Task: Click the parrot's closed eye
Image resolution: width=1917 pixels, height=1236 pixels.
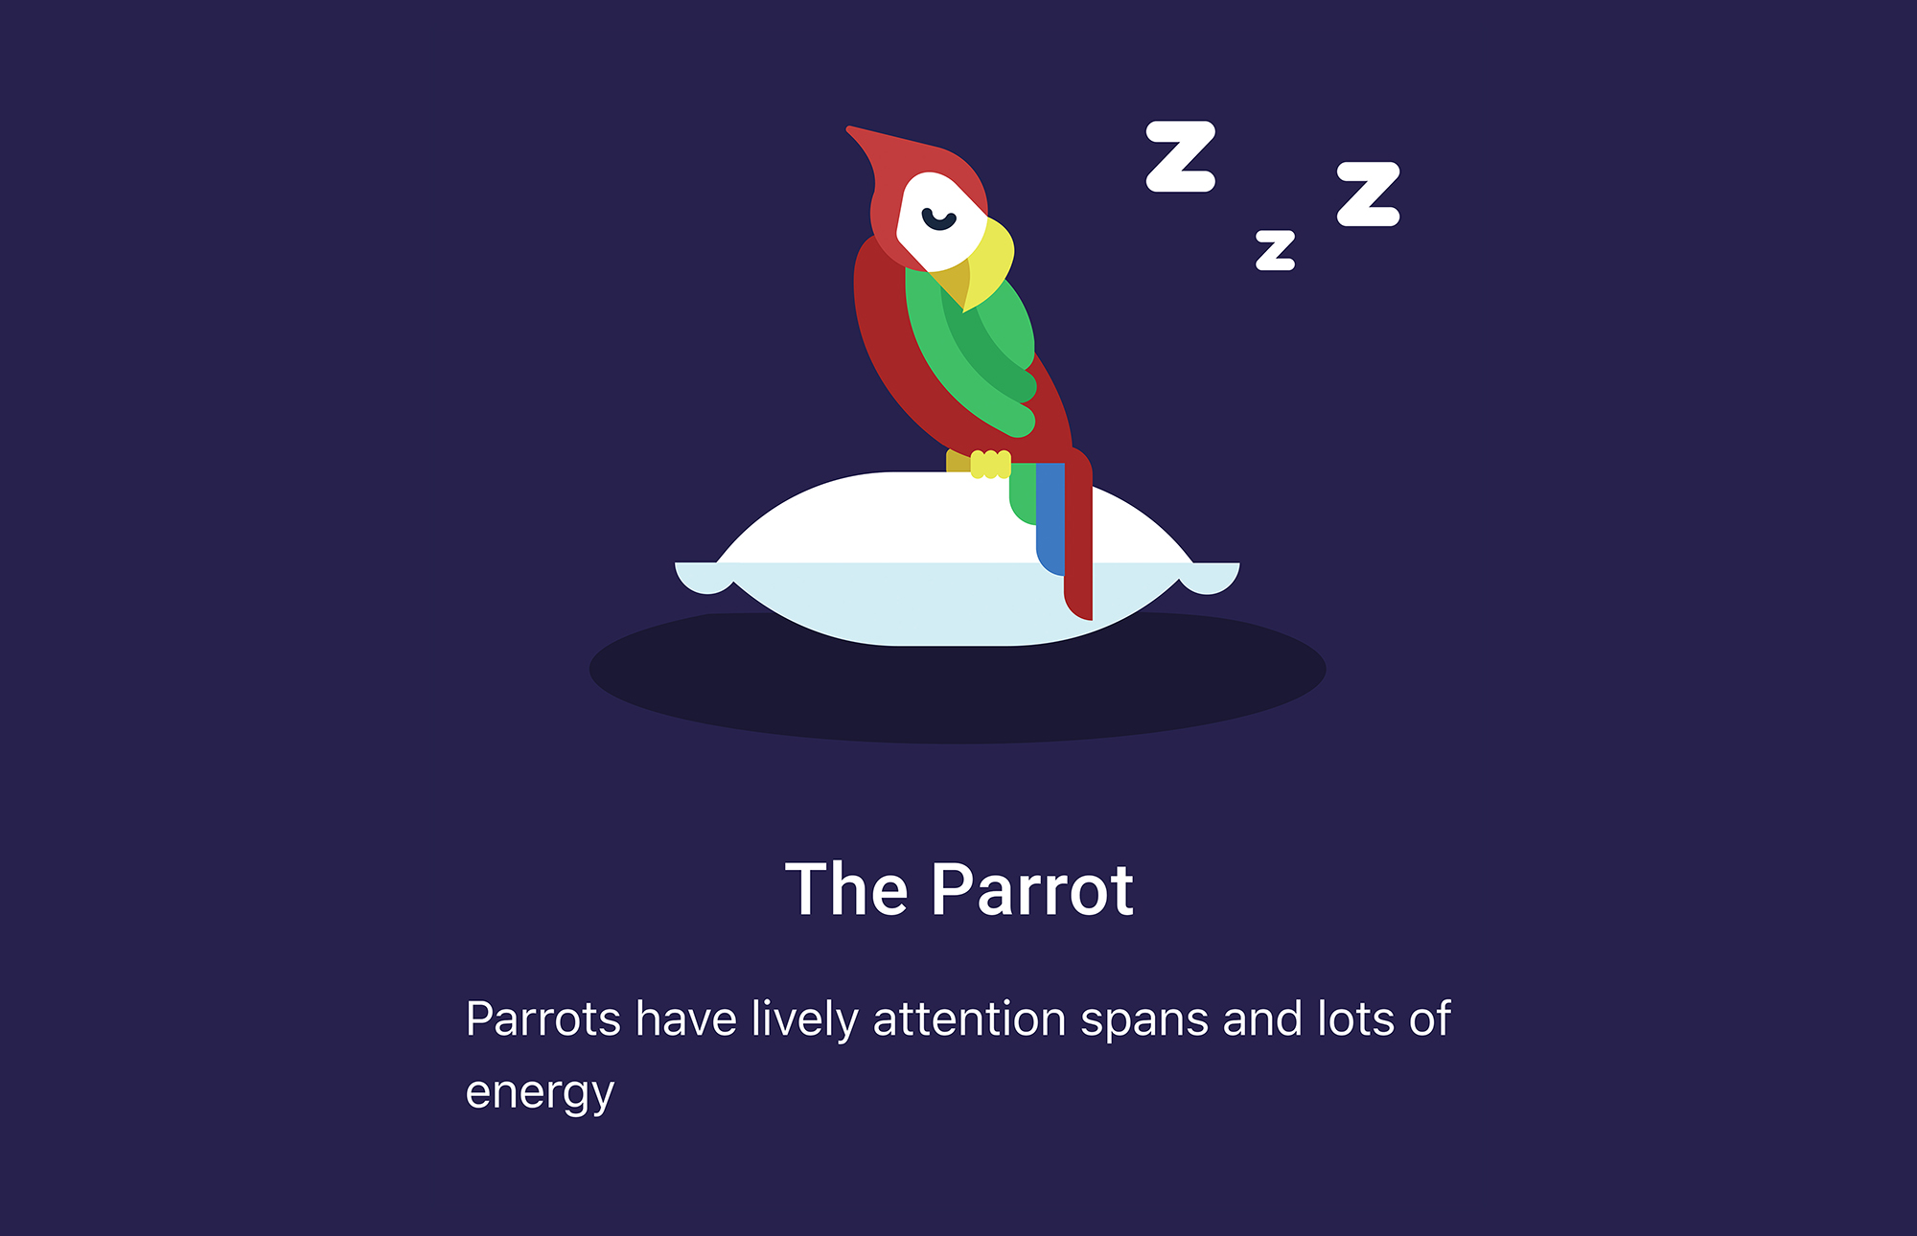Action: tap(938, 220)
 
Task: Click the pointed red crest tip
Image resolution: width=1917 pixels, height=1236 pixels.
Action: tap(853, 130)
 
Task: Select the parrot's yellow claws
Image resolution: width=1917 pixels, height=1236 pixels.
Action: tap(990, 464)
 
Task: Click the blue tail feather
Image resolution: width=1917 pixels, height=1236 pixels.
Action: tap(1051, 517)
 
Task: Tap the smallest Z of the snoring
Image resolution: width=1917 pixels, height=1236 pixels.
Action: tap(1276, 250)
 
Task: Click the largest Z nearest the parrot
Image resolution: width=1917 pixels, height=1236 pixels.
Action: tap(1181, 156)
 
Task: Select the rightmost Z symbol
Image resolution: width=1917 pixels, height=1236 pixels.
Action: tap(1369, 194)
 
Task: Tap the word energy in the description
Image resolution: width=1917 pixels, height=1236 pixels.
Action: tap(540, 1092)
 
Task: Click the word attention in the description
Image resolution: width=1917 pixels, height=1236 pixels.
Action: tap(969, 1019)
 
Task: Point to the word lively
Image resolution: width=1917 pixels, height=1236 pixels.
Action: tap(804, 1020)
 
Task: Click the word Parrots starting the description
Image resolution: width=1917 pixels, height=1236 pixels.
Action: tap(543, 1019)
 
